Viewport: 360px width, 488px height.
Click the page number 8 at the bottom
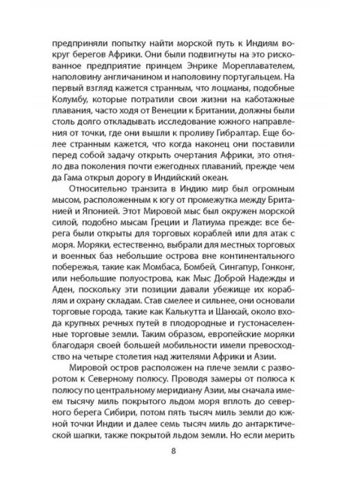coord(174,450)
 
